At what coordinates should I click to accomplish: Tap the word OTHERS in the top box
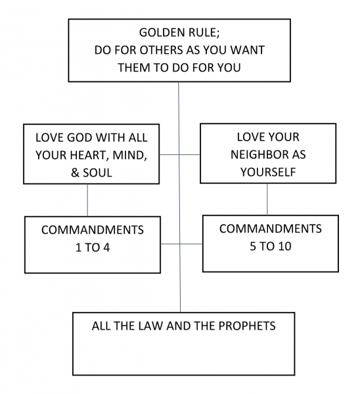pyautogui.click(x=162, y=50)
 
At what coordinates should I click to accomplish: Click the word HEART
pyautogui.click(x=88, y=155)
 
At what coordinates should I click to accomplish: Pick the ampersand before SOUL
pyautogui.click(x=75, y=173)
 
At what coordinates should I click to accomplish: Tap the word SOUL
pyautogui.click(x=97, y=173)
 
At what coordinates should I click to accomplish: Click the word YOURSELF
pyautogui.click(x=268, y=172)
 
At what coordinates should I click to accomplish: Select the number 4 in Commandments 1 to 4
pyautogui.click(x=106, y=248)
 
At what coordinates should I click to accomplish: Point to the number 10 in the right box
pyautogui.click(x=285, y=246)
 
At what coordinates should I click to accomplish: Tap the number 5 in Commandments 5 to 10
pyautogui.click(x=253, y=246)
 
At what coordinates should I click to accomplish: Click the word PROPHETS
pyautogui.click(x=247, y=326)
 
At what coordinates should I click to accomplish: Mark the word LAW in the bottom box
pyautogui.click(x=151, y=326)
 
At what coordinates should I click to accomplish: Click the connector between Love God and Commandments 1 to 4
pyautogui.click(x=87, y=200)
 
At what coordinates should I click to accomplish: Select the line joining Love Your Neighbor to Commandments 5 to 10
pyautogui.click(x=267, y=199)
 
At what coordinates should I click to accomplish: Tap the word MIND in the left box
pyautogui.click(x=129, y=156)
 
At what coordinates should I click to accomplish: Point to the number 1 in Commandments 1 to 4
pyautogui.click(x=78, y=248)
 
